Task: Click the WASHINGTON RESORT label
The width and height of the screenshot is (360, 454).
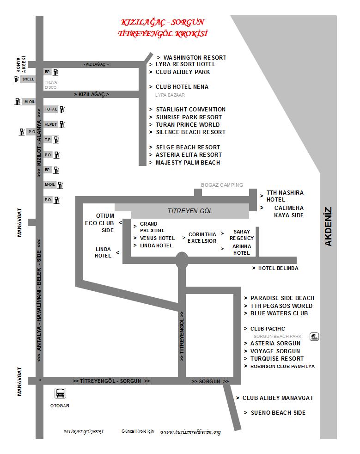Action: click(x=195, y=57)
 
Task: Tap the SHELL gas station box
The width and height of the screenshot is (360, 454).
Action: click(x=28, y=79)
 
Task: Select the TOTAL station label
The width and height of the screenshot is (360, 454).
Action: click(x=51, y=110)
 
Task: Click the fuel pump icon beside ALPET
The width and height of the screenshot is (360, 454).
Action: click(x=62, y=124)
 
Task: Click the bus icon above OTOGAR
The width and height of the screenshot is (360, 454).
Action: click(x=60, y=393)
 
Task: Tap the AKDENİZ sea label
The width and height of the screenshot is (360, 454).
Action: click(x=329, y=227)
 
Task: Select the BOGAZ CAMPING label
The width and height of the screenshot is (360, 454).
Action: click(x=222, y=185)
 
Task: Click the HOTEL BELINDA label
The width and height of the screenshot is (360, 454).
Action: click(x=278, y=268)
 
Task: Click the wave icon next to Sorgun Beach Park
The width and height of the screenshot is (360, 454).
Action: click(x=314, y=337)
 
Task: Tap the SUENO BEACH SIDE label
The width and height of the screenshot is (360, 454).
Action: click(x=278, y=412)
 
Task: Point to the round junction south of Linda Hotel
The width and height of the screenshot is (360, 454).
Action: click(x=182, y=260)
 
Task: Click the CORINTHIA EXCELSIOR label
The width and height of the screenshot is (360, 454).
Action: click(x=202, y=238)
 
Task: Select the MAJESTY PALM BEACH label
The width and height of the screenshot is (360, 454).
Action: click(x=188, y=163)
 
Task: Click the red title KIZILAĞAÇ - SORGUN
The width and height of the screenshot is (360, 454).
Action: click(x=162, y=22)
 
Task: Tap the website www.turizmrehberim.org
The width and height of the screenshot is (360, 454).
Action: click(x=190, y=432)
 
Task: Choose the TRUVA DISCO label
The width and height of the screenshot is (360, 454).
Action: click(x=51, y=85)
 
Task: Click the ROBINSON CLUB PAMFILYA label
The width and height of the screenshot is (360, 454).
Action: click(x=282, y=366)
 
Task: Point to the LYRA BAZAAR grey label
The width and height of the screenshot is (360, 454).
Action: click(x=170, y=95)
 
